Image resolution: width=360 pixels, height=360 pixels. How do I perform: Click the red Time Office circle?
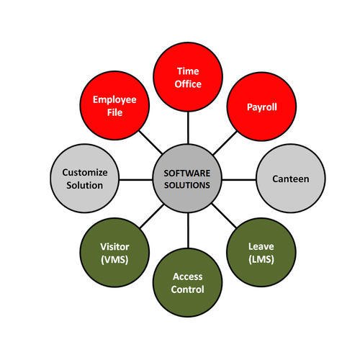[x=189, y=77]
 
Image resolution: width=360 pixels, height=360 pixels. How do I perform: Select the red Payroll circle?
[x=261, y=108]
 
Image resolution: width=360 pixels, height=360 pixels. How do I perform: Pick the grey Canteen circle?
[x=292, y=179]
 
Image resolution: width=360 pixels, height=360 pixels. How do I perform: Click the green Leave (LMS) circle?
[x=261, y=252]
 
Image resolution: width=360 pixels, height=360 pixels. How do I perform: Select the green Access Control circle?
[x=188, y=283]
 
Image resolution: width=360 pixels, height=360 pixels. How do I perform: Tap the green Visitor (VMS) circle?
[x=114, y=252]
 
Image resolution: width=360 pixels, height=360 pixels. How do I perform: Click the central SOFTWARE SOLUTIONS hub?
[x=187, y=179]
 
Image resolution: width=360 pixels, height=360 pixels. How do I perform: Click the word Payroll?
[x=261, y=108]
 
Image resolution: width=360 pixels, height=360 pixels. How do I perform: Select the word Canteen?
[x=292, y=179]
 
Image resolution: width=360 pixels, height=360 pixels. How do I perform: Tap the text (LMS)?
[x=261, y=259]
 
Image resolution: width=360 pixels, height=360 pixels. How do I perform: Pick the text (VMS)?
[x=114, y=259]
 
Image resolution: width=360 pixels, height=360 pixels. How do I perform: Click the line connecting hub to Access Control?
[x=188, y=230]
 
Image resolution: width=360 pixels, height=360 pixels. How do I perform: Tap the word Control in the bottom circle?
[x=188, y=289]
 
